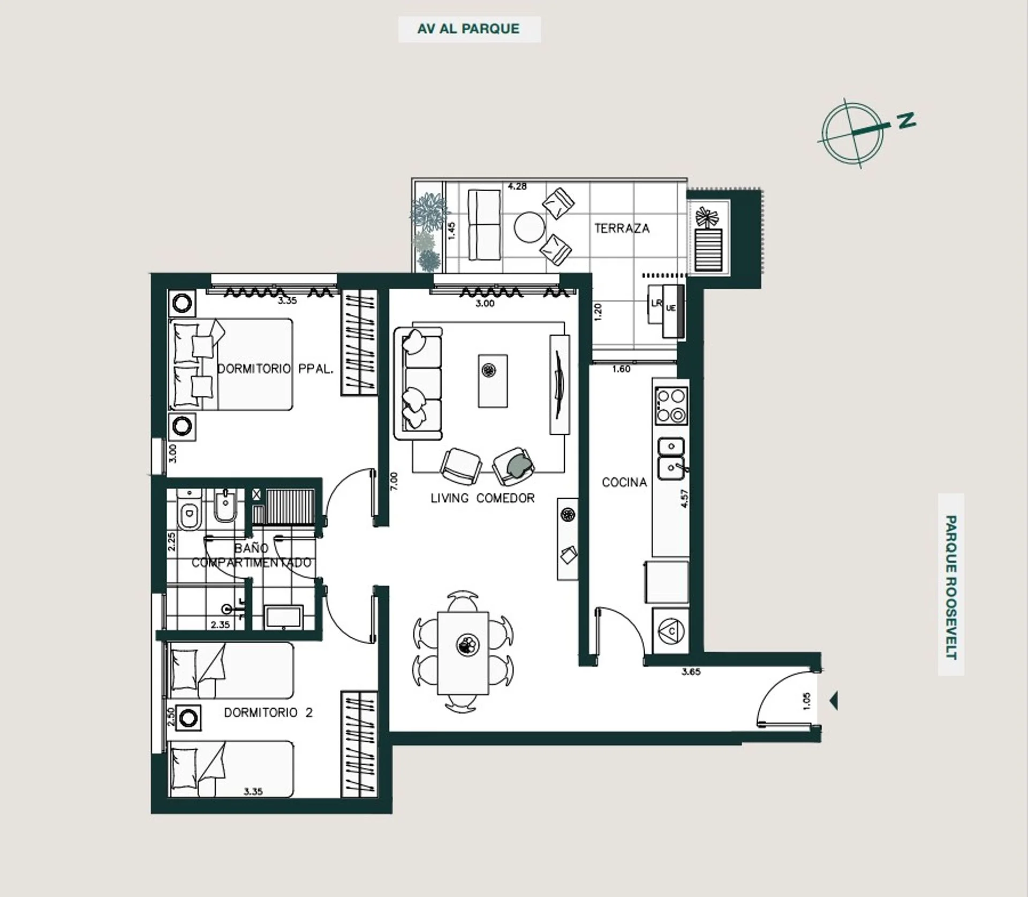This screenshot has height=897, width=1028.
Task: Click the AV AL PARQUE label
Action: [x=468, y=29]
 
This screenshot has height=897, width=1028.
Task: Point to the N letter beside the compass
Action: [x=906, y=120]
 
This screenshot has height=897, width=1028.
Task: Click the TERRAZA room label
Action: [x=622, y=228]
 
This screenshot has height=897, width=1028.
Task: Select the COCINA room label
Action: [x=624, y=483]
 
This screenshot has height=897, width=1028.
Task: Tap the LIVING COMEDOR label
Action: [x=482, y=498]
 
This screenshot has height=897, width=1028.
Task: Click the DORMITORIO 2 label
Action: [x=268, y=713]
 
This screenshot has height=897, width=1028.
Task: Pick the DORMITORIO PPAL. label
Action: [x=275, y=369]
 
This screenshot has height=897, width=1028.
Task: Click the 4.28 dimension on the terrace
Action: [x=517, y=186]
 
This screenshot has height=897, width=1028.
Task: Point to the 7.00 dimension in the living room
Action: [x=395, y=481]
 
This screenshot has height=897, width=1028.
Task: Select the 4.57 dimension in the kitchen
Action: [x=684, y=498]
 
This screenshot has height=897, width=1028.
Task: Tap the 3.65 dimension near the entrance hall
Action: [x=691, y=672]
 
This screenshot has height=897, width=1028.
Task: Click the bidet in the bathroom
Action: [x=225, y=506]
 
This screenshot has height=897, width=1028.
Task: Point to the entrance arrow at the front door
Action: [x=834, y=700]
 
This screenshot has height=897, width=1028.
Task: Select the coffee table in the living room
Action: [x=493, y=380]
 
